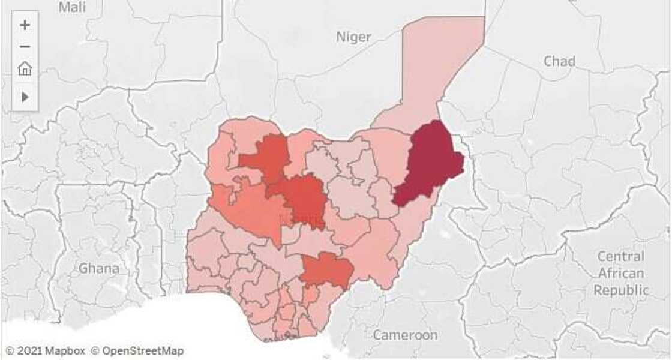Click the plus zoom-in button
click(x=25, y=25)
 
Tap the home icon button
click(x=25, y=69)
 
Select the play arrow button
click(x=25, y=97)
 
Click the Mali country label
click(x=72, y=7)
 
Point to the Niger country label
click(x=353, y=37)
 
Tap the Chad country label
click(x=559, y=61)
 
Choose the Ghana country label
click(x=99, y=268)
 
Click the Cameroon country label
click(x=405, y=335)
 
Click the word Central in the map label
click(x=621, y=257)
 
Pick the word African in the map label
click(x=621, y=274)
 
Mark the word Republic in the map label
click(x=621, y=290)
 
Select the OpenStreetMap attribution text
click(x=142, y=351)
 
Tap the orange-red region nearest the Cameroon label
click(x=327, y=270)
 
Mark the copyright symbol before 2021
click(x=10, y=351)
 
